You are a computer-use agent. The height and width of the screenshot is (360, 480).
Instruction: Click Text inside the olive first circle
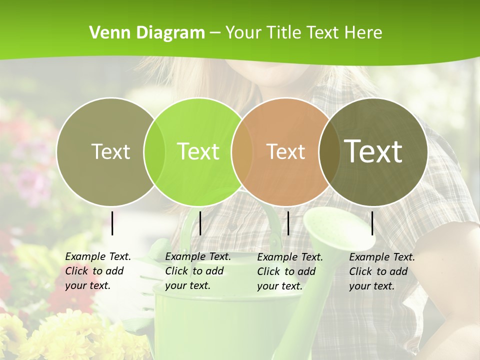pos(110,151)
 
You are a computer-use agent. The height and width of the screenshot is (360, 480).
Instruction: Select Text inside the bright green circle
pos(198,151)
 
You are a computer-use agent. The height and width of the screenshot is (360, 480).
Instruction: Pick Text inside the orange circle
pos(285,151)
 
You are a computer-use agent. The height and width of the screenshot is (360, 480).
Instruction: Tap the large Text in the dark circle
pos(373,151)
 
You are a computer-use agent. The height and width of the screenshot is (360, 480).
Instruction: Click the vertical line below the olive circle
pos(112,223)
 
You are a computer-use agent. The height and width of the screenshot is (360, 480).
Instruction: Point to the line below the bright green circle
pos(200,223)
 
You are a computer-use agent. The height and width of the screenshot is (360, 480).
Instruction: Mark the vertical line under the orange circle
pos(288,223)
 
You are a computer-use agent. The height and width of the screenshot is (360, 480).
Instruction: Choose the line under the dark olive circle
pos(372,223)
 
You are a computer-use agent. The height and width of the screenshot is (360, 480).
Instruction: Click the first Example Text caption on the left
pos(98,271)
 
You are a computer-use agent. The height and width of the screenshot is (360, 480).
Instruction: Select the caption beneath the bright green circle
pos(198,271)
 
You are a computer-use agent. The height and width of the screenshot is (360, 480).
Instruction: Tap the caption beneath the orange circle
pos(290,271)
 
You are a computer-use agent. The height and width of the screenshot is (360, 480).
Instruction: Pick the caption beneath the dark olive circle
pos(382,271)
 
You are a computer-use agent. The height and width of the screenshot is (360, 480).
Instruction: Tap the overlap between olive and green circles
pos(154,151)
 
